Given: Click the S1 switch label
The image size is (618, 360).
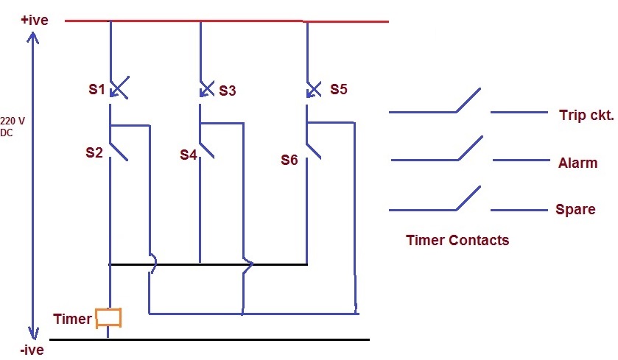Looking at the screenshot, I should tap(96, 91).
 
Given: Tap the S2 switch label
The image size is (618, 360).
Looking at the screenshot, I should tap(94, 153).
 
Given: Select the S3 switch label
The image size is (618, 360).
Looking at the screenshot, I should tap(227, 91).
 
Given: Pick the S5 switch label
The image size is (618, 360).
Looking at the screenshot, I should tap(338, 89).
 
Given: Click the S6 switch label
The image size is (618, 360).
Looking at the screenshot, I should tap(289, 159).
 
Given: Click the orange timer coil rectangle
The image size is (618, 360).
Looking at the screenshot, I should tap(109, 317).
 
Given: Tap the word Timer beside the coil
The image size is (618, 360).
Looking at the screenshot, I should tap(72, 319).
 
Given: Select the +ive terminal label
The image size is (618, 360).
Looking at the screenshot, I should tap(35, 20).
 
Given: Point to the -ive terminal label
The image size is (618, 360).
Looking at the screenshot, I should tap(32, 350).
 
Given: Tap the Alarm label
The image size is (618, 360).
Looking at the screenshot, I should tap(577, 163).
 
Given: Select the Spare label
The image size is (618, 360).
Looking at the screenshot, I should tap(575, 209).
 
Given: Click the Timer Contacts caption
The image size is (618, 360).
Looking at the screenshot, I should tap(457, 240).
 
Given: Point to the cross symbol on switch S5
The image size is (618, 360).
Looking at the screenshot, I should tap(314, 89).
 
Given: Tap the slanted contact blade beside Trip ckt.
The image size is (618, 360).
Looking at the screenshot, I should tap(468, 100).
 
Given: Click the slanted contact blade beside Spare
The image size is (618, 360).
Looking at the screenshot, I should tap(468, 198).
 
